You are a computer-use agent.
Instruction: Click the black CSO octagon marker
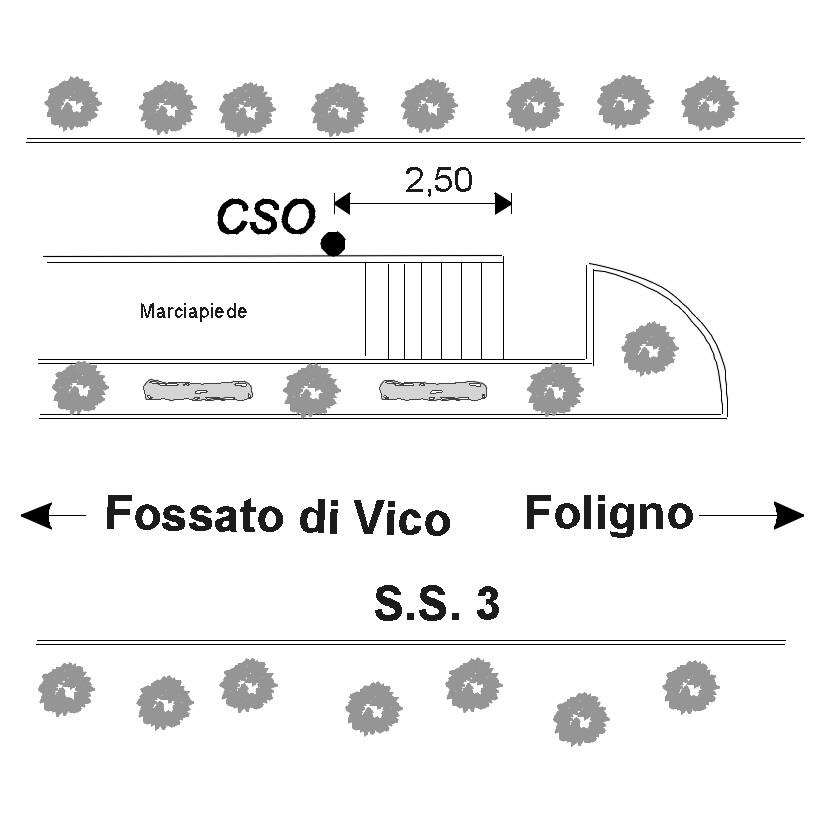(x=333, y=243)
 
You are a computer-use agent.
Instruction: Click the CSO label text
(x=265, y=217)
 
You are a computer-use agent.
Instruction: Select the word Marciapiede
(x=193, y=311)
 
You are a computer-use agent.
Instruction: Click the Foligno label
(x=609, y=514)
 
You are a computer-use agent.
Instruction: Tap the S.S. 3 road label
(x=437, y=604)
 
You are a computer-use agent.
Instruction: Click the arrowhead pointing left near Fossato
(x=36, y=516)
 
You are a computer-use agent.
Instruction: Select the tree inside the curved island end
(x=649, y=349)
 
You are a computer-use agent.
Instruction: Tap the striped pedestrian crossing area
(x=433, y=309)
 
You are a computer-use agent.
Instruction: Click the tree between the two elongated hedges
(x=312, y=390)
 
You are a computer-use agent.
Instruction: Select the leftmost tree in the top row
(x=73, y=103)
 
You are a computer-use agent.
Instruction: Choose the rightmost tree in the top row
(x=710, y=102)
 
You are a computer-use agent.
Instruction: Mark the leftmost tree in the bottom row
(x=66, y=689)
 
